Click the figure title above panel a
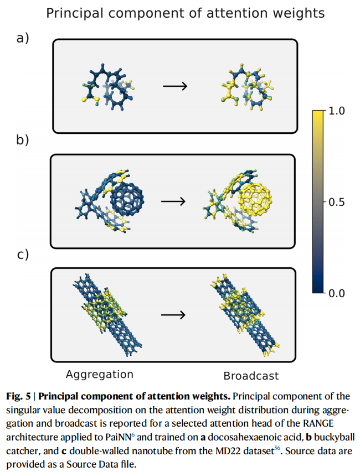click(185, 13)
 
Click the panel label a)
click(23, 38)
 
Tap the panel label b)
click(23, 140)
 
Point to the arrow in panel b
click(173, 200)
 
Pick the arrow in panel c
click(172, 314)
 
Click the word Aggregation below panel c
click(100, 375)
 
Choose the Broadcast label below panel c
click(251, 376)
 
